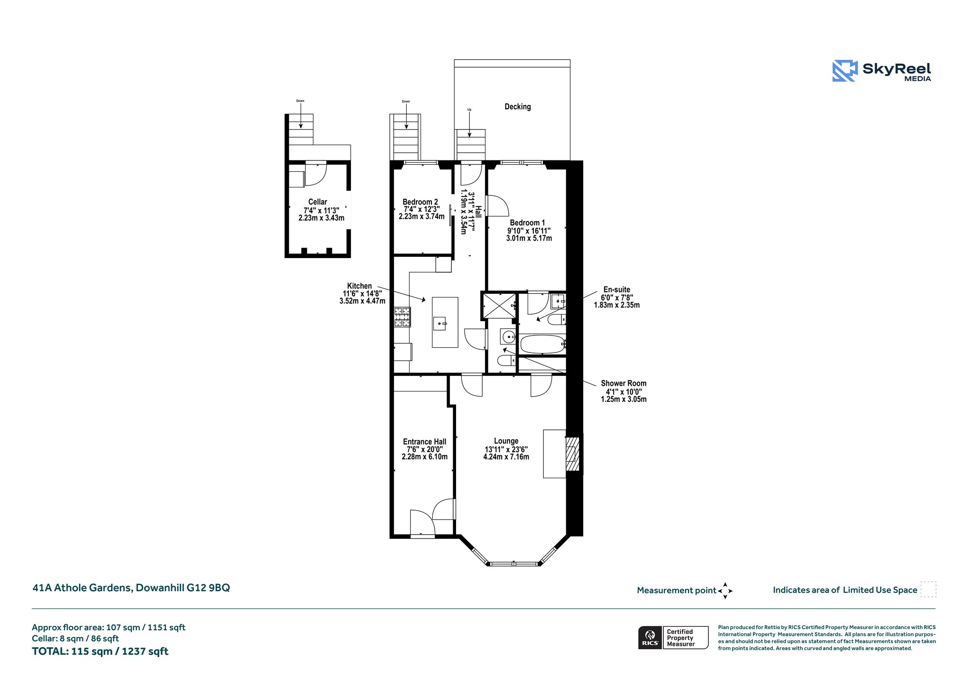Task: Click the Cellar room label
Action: (318, 202)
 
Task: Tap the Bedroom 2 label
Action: (420, 202)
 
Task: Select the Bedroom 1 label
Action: (527, 223)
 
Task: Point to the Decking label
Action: (518, 107)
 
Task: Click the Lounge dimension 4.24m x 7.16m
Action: (506, 457)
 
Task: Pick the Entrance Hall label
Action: (424, 442)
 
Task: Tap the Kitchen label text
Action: (359, 286)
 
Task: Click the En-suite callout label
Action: (617, 289)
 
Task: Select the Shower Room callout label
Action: (623, 383)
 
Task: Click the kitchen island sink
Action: (440, 324)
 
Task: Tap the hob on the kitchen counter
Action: (403, 317)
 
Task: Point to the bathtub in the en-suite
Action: (543, 344)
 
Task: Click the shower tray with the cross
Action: (499, 306)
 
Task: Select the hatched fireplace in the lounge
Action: (573, 454)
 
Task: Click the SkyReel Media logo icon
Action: (845, 71)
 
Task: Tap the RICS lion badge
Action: (650, 638)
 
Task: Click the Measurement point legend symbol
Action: (725, 591)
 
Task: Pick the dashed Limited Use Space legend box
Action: (928, 589)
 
